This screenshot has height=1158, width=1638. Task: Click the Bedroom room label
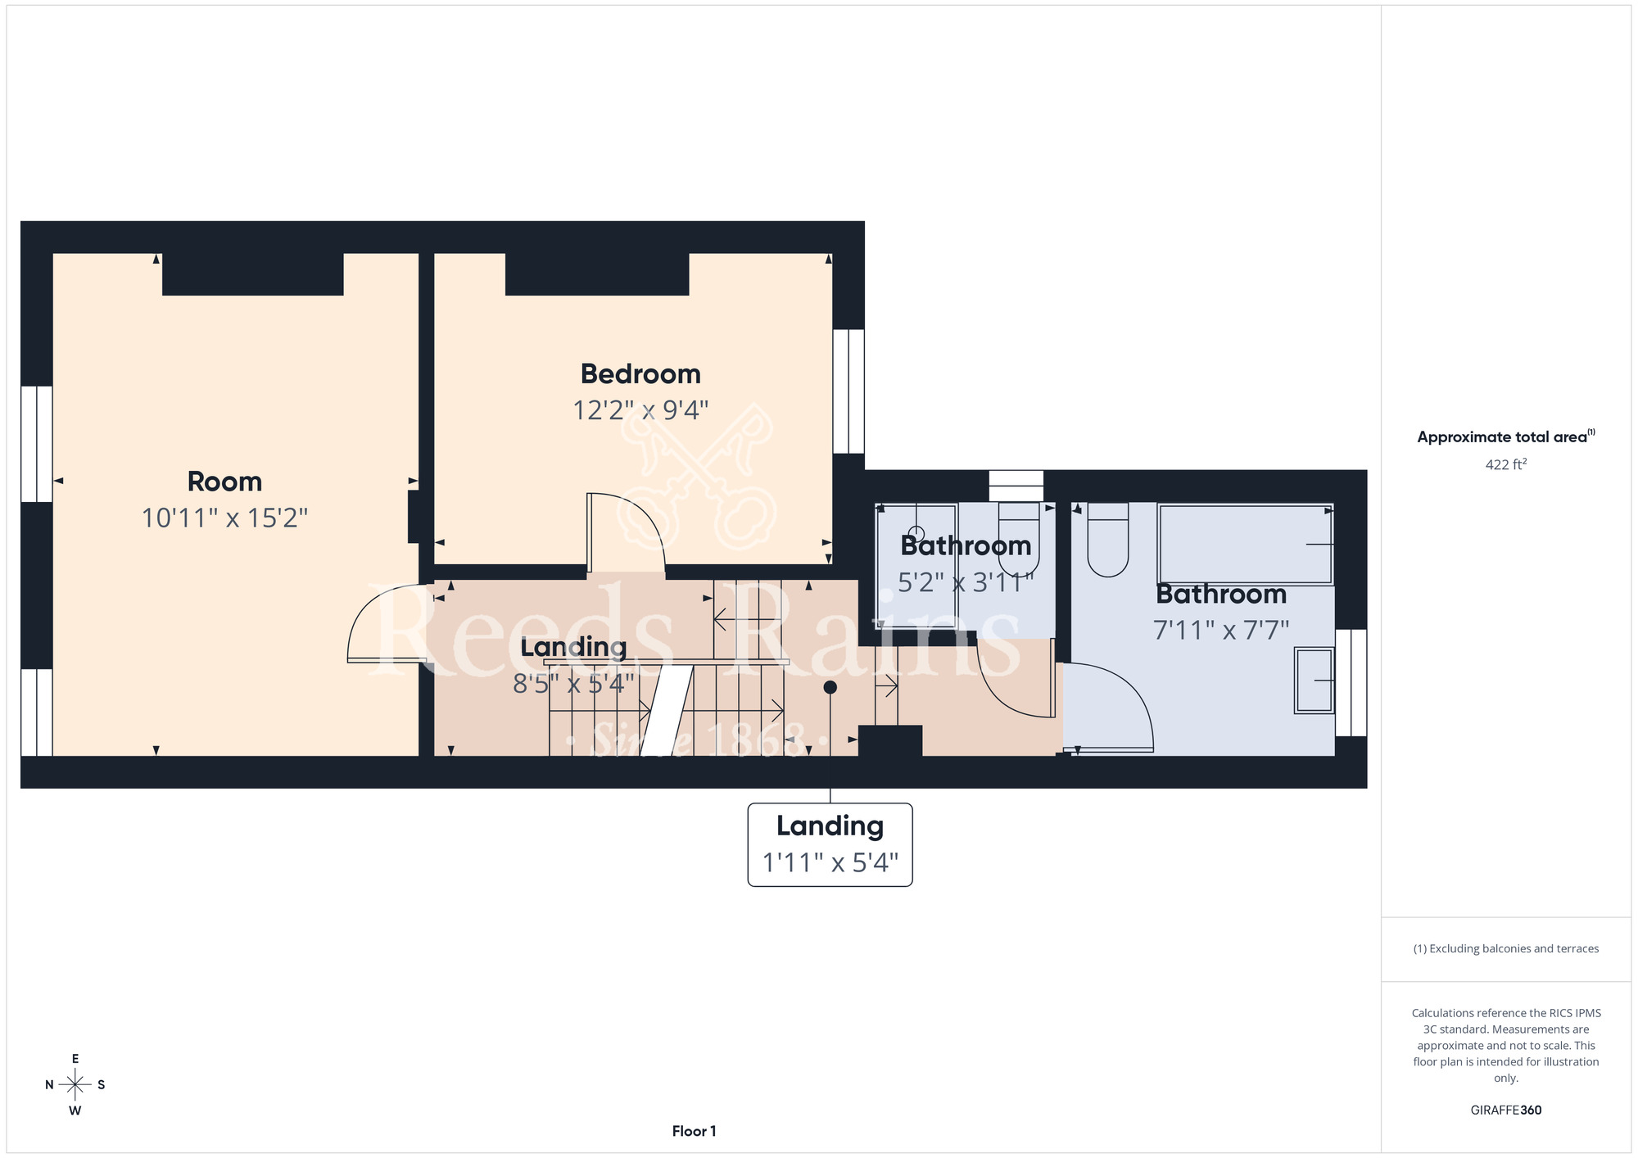click(640, 374)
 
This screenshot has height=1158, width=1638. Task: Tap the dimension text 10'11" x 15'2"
click(224, 518)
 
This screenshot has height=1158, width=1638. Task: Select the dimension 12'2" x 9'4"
click(640, 409)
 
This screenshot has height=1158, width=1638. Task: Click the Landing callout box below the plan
click(830, 844)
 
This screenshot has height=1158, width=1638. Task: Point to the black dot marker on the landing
click(830, 687)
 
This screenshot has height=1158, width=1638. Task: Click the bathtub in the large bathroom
click(1245, 544)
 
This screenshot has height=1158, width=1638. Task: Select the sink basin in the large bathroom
click(1314, 681)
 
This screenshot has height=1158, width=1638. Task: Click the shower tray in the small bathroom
click(916, 566)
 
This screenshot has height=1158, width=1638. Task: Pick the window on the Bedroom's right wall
click(848, 391)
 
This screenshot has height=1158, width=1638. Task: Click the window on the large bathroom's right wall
click(1351, 683)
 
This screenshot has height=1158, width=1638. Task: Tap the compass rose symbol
click(75, 1085)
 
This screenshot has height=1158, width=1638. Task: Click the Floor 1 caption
click(694, 1131)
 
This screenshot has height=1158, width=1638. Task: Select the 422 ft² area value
click(1506, 464)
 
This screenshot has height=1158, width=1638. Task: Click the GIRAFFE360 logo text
click(1506, 1111)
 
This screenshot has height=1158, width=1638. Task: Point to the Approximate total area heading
click(1506, 437)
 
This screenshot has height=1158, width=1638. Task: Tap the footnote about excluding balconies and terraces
click(1506, 948)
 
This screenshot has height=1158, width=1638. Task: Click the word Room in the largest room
click(224, 482)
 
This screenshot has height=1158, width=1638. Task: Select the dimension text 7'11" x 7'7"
click(1221, 630)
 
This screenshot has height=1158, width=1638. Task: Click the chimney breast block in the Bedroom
click(597, 274)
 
